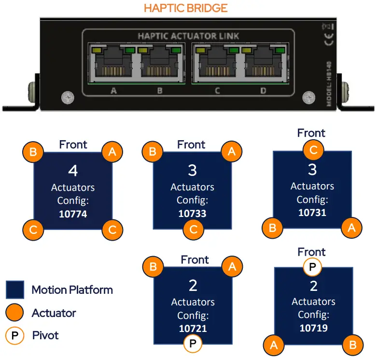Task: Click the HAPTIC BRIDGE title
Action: click(x=185, y=8)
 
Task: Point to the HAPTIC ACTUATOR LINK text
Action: click(x=188, y=36)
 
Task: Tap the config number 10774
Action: click(x=73, y=213)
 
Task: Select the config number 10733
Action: click(x=192, y=213)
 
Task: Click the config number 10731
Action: click(x=312, y=212)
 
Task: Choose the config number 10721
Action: click(x=193, y=329)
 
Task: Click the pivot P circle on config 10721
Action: click(x=193, y=344)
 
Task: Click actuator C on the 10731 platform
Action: click(x=313, y=150)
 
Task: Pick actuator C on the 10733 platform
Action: click(x=193, y=230)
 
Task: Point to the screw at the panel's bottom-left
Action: click(x=67, y=98)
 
